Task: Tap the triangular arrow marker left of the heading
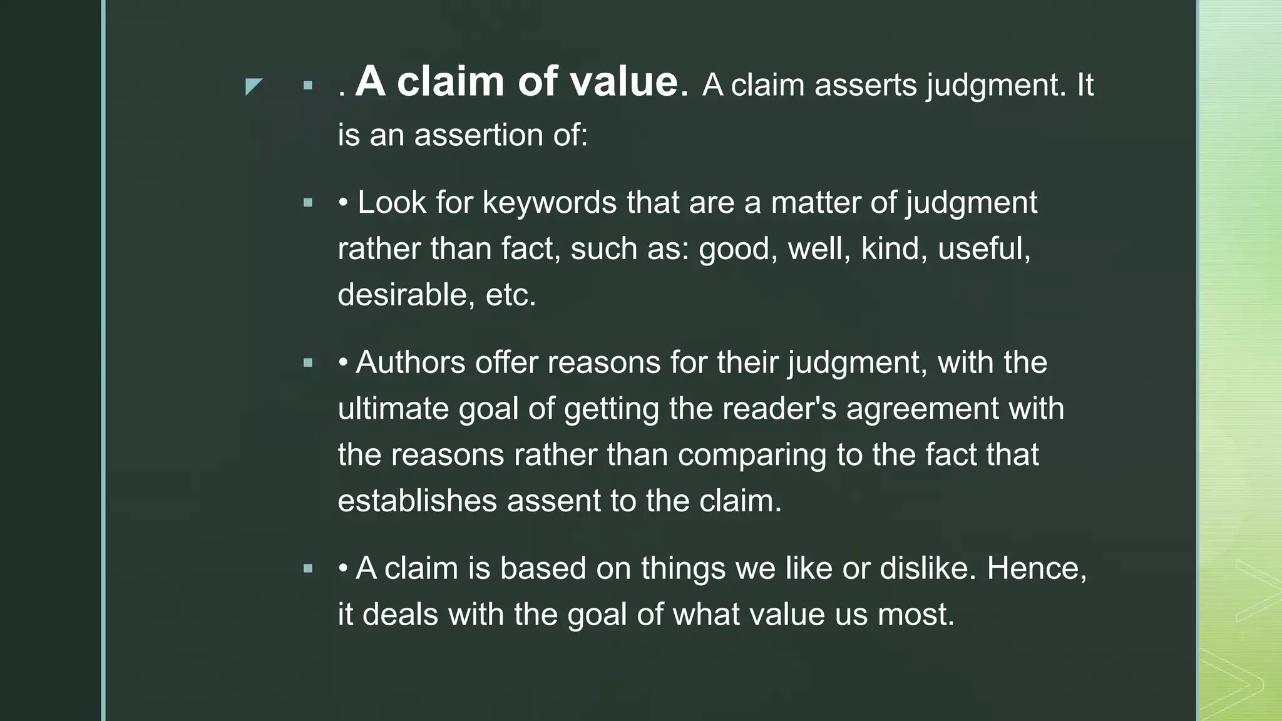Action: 253,86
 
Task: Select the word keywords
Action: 549,203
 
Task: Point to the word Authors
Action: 410,362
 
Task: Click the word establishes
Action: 417,501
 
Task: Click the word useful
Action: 983,248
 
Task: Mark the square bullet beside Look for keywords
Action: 307,203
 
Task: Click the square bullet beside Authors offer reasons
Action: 307,362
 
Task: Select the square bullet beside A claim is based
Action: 307,568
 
